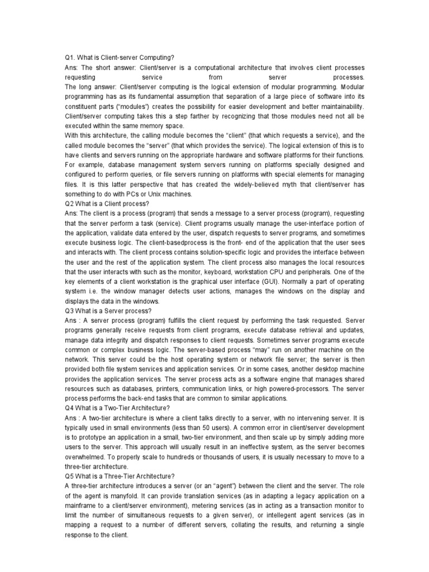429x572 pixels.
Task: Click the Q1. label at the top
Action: click(x=70, y=57)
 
